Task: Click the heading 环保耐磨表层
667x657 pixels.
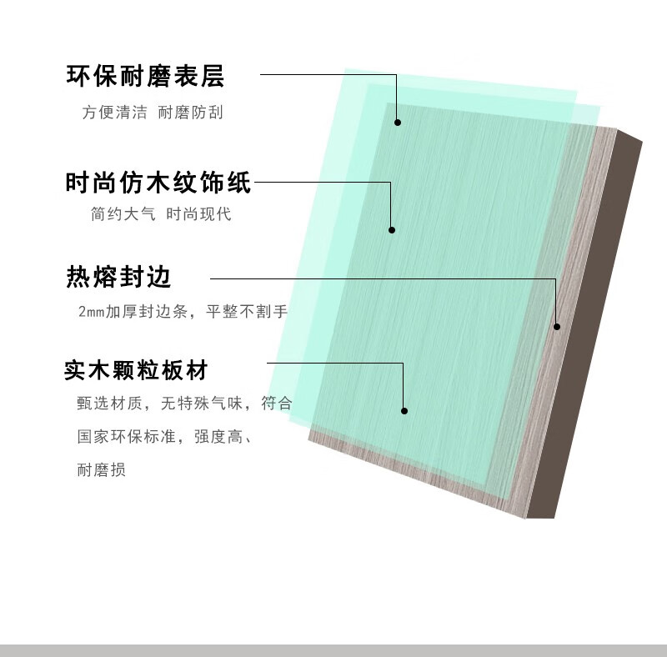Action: (145, 78)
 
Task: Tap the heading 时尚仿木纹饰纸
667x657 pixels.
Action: (158, 183)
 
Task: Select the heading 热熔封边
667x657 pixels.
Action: (118, 278)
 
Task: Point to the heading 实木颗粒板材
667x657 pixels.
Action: (136, 370)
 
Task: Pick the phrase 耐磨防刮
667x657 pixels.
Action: (190, 113)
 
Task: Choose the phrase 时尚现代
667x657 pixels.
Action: (198, 214)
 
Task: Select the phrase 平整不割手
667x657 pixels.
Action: (247, 312)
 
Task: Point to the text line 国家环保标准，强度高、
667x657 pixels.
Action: (163, 436)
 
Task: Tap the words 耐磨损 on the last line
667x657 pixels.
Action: (101, 470)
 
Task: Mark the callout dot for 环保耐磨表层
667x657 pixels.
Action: (398, 123)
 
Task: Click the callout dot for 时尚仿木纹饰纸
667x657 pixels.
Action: (391, 229)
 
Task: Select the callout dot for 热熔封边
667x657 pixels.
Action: (557, 326)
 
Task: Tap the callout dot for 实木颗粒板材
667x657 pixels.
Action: (404, 410)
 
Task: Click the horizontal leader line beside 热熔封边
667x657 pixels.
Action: (375, 278)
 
